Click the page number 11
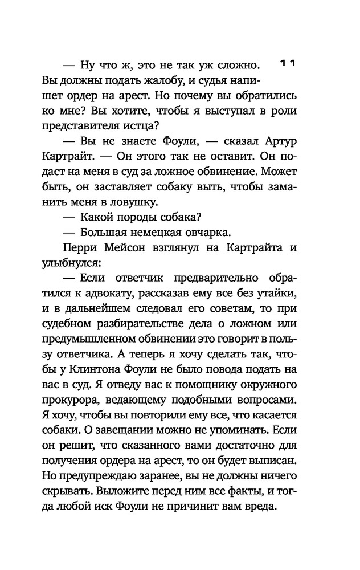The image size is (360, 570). point(289,64)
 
